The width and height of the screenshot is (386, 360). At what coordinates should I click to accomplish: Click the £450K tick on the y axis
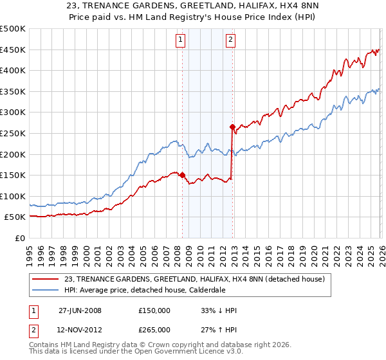coord(13,50)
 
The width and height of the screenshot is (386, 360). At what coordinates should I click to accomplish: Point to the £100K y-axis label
coord(13,196)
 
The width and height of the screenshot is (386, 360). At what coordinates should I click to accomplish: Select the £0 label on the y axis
coord(19,238)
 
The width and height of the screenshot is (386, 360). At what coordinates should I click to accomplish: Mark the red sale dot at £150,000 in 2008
coord(183,175)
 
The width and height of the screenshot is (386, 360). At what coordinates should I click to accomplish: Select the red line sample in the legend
coord(46,279)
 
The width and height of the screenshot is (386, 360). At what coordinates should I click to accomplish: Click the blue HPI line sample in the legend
coord(46,290)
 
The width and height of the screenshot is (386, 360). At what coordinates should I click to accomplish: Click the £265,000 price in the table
coord(154,329)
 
